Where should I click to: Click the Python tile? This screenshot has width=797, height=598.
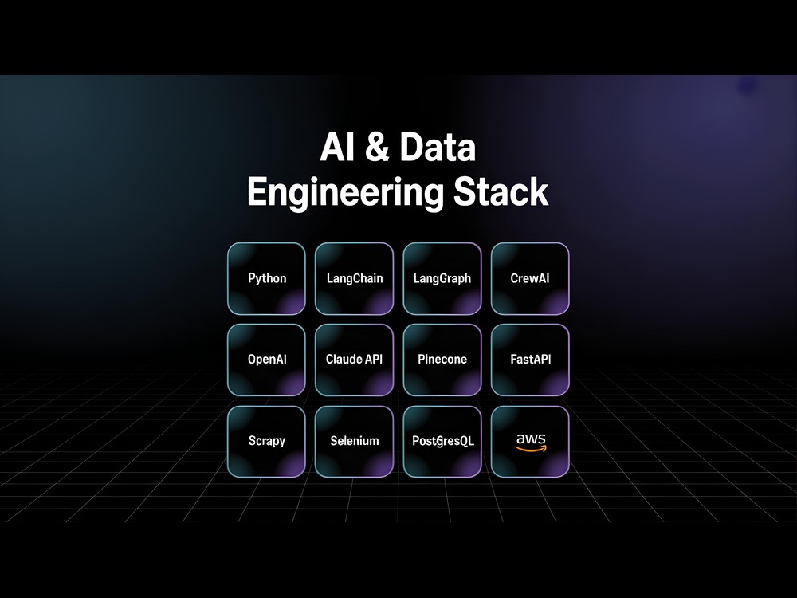click(x=266, y=278)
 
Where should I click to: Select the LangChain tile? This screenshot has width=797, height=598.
click(x=355, y=278)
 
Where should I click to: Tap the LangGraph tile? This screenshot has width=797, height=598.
click(x=442, y=278)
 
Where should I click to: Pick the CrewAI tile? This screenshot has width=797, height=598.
click(x=530, y=278)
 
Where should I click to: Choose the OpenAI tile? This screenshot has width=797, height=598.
click(x=266, y=360)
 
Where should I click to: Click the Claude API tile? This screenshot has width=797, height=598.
click(x=355, y=360)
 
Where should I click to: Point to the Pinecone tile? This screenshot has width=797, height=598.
click(x=442, y=360)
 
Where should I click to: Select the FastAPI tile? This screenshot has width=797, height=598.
click(x=530, y=360)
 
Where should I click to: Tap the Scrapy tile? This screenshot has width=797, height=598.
click(x=266, y=442)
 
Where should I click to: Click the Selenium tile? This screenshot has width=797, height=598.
click(x=355, y=442)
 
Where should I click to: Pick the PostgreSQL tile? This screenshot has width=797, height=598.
click(x=442, y=442)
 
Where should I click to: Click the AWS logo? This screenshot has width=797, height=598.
click(x=531, y=442)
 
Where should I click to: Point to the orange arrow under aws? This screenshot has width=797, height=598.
click(x=531, y=449)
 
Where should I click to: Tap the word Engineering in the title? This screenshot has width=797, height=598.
click(x=344, y=192)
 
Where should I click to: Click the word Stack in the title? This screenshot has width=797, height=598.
click(x=501, y=191)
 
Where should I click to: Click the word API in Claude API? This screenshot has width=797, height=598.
click(x=374, y=359)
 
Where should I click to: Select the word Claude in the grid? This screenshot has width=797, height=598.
click(x=343, y=359)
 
